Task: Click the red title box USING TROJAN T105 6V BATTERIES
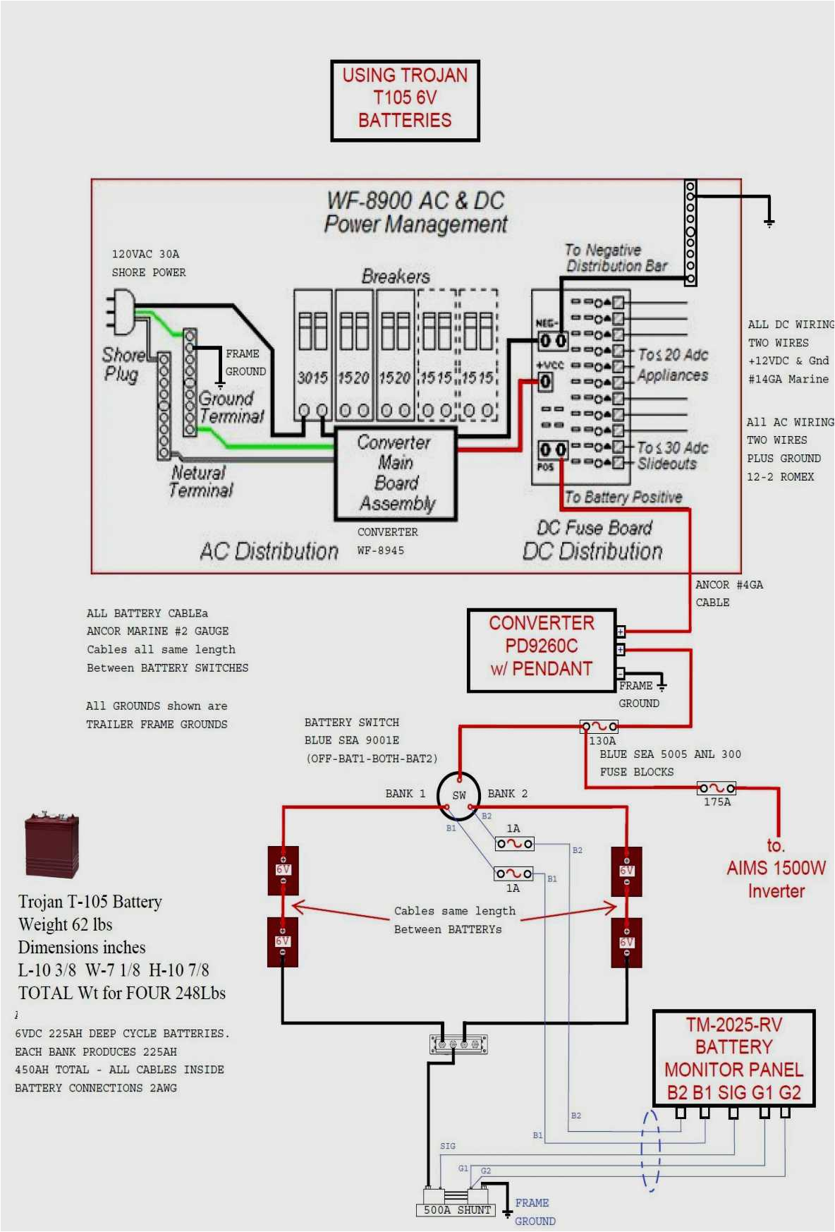405,100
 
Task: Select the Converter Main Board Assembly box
396,473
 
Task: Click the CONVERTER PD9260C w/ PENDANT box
541,650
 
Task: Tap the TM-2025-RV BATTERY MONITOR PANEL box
733,1058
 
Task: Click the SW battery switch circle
458,795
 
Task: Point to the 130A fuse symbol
599,726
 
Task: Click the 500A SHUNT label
456,1209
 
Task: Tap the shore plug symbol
121,313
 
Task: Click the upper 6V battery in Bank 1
283,871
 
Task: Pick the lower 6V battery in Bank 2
626,942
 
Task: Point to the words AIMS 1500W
776,868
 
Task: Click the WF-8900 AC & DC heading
415,201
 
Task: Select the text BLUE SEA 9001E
351,740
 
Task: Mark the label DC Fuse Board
594,528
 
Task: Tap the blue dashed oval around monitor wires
650,1150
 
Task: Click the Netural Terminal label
200,481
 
